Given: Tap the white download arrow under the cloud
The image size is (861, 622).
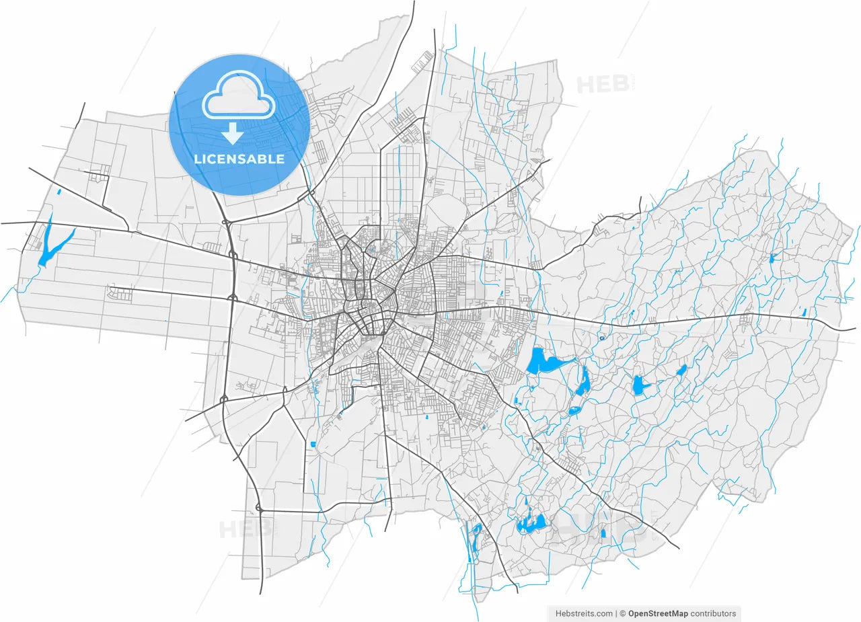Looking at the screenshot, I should [233, 134].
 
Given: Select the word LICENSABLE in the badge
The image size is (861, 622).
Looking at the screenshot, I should [239, 159].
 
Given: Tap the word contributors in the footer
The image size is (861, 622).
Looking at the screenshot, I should [714, 613].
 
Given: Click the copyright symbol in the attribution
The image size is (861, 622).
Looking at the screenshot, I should [623, 613].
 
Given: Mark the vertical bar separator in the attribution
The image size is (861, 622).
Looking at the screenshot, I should [616, 613].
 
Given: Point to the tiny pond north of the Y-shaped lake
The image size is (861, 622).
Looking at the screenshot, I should [59, 193].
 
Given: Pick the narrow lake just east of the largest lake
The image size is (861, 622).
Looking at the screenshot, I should [584, 382].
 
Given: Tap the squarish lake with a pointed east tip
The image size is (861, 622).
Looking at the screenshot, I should [639, 385].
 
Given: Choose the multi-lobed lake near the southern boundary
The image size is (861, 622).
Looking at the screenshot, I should [531, 523].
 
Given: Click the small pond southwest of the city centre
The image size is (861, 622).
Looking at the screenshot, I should [313, 444].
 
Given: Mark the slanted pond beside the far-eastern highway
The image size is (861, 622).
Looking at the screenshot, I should [804, 312].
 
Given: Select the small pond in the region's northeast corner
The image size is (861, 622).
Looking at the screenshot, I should [773, 258].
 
